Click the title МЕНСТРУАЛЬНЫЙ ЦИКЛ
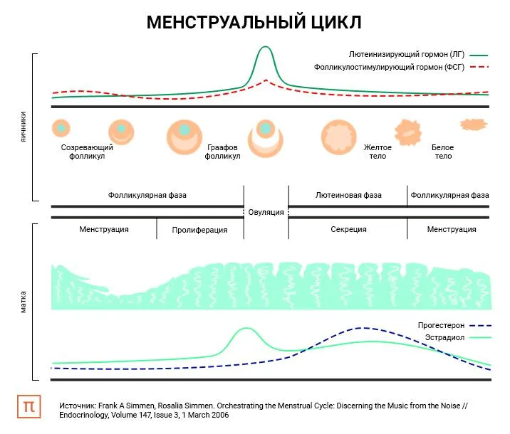[x=254, y=23]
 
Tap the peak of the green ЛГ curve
[x=265, y=48]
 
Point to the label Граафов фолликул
[x=222, y=152]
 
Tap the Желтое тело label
[x=378, y=152]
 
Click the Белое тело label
[x=442, y=152]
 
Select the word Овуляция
[x=266, y=212]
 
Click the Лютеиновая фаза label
[x=348, y=195]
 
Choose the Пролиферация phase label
[x=200, y=230]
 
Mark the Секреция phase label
[x=348, y=229]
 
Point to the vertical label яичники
[x=24, y=127]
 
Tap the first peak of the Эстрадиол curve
[x=246, y=329]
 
